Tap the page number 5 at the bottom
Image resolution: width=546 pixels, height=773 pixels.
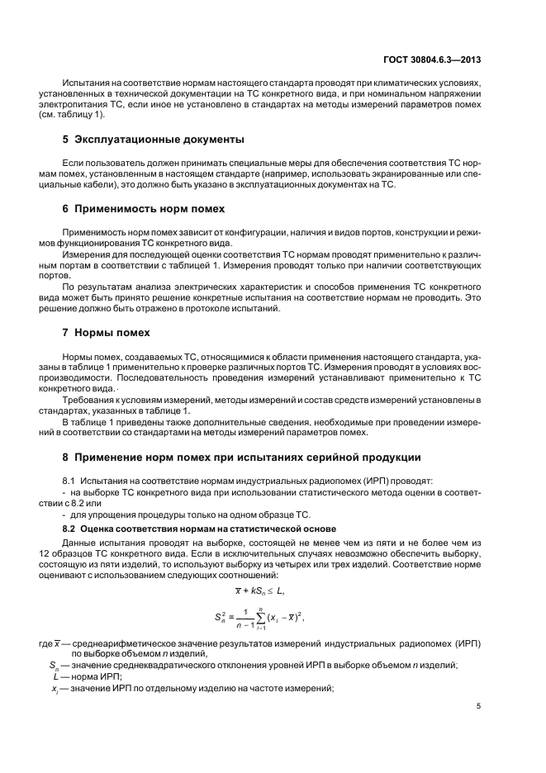click(x=478, y=705)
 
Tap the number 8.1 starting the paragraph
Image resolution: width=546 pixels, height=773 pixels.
click(x=71, y=480)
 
